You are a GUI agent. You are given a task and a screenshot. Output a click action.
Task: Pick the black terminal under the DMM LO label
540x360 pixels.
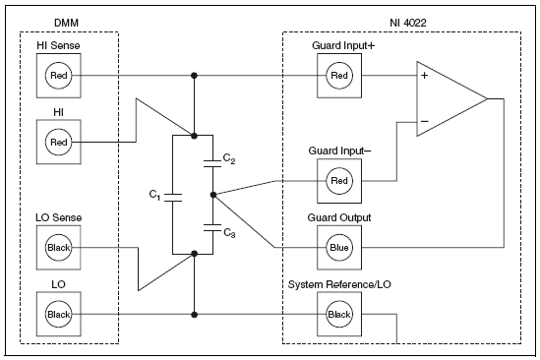point(56,314)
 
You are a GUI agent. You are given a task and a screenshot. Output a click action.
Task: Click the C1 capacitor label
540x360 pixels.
point(155,195)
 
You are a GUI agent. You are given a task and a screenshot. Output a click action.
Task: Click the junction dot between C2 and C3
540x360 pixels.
point(212,194)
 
